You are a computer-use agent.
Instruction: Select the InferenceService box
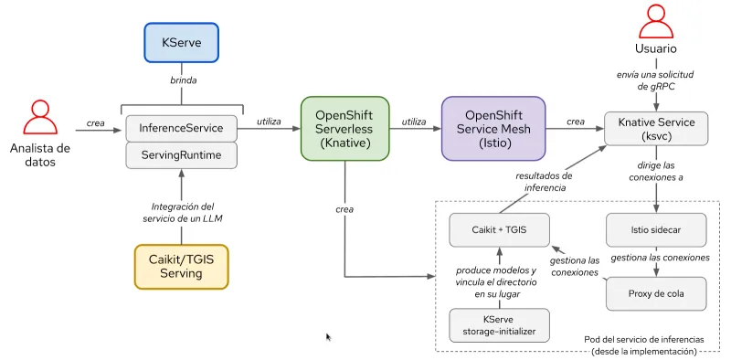point(181,127)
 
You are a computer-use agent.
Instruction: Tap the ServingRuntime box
point(181,155)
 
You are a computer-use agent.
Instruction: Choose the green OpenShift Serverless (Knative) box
point(345,129)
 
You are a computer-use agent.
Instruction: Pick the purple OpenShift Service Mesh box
point(493,129)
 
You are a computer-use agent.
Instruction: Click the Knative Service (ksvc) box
point(657,129)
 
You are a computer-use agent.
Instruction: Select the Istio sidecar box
point(657,228)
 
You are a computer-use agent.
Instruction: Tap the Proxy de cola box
point(657,292)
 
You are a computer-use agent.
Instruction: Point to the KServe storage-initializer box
point(499,325)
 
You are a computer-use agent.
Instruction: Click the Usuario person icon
point(656,21)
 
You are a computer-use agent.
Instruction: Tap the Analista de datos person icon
point(39,117)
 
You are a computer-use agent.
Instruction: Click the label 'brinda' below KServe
point(183,80)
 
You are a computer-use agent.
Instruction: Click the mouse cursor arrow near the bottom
point(329,337)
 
